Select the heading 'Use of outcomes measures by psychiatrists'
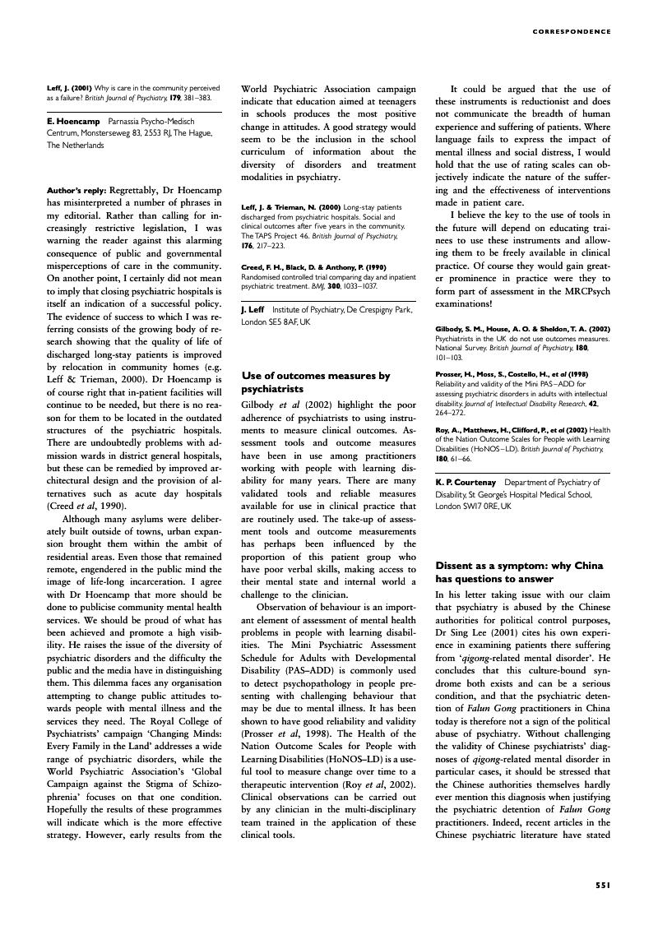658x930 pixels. [316, 382]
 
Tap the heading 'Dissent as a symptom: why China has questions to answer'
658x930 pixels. [519, 572]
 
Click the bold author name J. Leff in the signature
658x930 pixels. [253, 310]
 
